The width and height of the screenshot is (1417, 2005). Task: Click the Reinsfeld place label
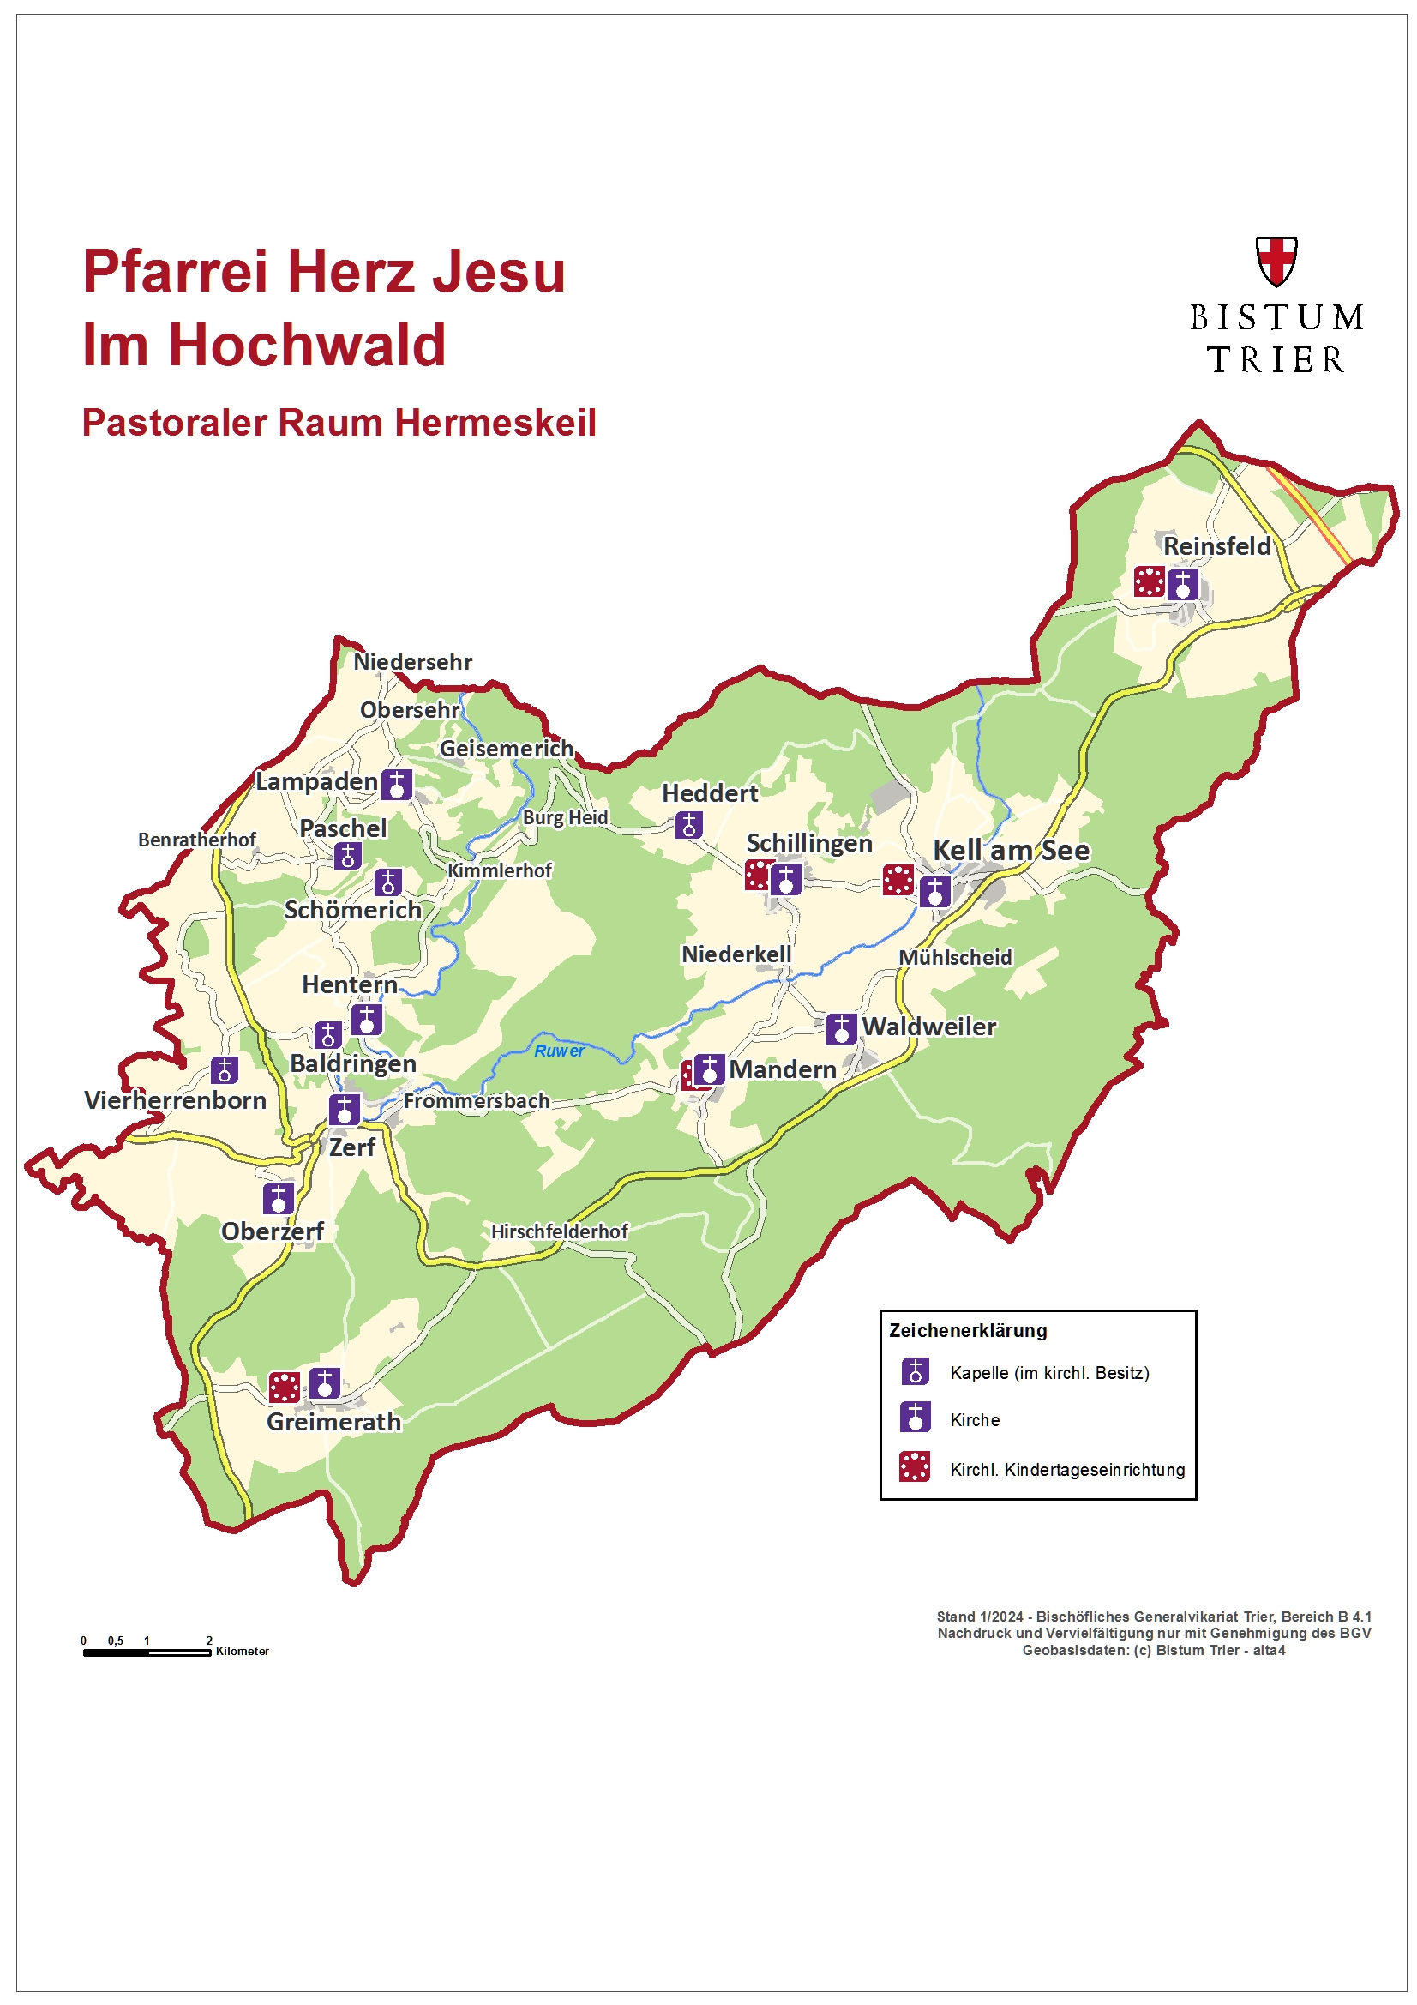pyautogui.click(x=1216, y=545)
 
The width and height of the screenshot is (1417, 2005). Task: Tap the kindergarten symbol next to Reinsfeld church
pyautogui.click(x=1149, y=581)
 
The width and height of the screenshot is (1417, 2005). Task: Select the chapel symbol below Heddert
pyautogui.click(x=689, y=824)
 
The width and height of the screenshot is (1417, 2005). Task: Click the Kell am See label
pyautogui.click(x=1011, y=850)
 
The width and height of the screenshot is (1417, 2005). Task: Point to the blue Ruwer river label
pyautogui.click(x=559, y=1051)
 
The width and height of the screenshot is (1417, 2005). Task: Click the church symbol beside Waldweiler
pyautogui.click(x=841, y=1029)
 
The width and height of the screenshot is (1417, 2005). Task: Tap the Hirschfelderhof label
pyautogui.click(x=559, y=1231)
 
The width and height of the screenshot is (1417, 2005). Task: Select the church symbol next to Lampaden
pyautogui.click(x=396, y=784)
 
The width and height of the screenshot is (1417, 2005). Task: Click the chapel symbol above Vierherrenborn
pyautogui.click(x=225, y=1069)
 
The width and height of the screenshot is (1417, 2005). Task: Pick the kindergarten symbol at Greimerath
pyautogui.click(x=284, y=1386)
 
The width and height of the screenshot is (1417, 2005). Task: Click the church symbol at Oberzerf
pyautogui.click(x=279, y=1198)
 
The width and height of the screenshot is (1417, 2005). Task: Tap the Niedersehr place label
pyautogui.click(x=412, y=662)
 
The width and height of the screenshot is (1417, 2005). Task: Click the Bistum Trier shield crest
pyautogui.click(x=1276, y=260)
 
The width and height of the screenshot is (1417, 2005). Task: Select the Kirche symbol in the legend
pyautogui.click(x=915, y=1417)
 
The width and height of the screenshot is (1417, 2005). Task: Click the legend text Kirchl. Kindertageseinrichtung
pyautogui.click(x=1067, y=1470)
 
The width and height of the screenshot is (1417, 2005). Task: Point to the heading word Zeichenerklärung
pyautogui.click(x=967, y=1331)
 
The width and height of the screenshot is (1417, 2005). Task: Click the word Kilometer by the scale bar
pyautogui.click(x=243, y=1652)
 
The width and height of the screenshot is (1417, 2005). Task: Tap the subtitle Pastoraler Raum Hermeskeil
pyautogui.click(x=339, y=423)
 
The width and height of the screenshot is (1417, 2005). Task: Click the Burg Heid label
pyautogui.click(x=565, y=817)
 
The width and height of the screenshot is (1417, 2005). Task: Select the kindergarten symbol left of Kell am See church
pyautogui.click(x=898, y=879)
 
